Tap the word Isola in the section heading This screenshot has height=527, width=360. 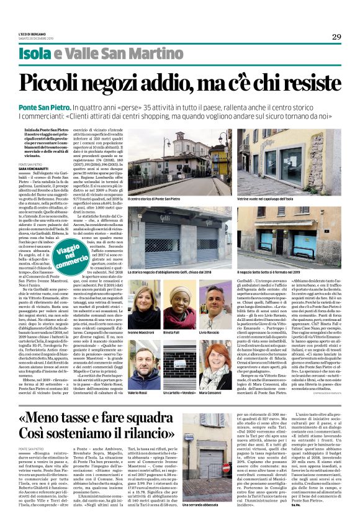tap(35, 54)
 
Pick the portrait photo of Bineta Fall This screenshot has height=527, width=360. tap(180, 295)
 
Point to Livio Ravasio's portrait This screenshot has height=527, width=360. tap(217, 295)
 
